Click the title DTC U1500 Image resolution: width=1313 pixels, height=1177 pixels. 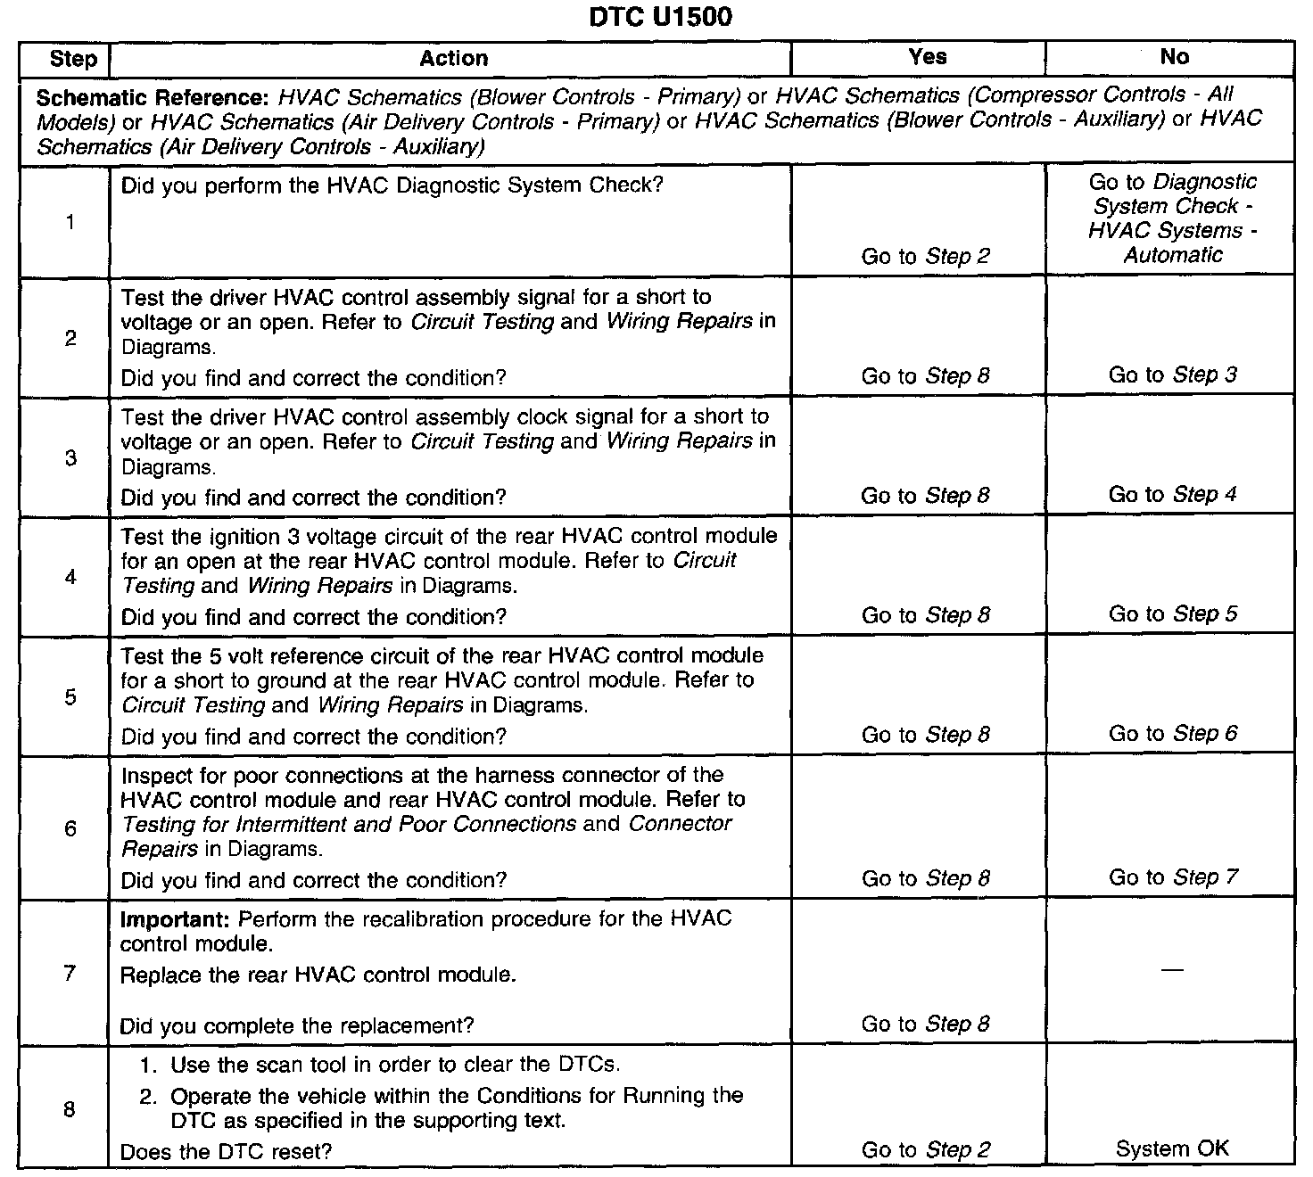pos(660,17)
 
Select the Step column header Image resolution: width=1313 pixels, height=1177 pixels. pos(73,59)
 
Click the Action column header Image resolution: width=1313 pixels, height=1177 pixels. pos(453,59)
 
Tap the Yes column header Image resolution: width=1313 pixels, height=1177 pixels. pos(927,57)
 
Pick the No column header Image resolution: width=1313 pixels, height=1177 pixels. pos(1174,57)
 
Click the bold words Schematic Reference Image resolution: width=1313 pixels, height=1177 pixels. pos(153,97)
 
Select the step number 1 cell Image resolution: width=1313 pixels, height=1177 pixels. pos(70,222)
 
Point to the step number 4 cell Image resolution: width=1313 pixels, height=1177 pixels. pos(70,577)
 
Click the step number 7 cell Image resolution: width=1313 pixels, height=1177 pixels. pos(70,973)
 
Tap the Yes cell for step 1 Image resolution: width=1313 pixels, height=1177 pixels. pos(925,257)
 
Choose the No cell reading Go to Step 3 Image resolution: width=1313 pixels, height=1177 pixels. pos(1172,374)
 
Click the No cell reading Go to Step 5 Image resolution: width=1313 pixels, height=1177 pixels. pos(1172,613)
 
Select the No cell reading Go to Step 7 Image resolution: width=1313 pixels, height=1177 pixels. pos(1172,877)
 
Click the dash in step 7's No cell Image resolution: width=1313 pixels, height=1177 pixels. pos(1173,969)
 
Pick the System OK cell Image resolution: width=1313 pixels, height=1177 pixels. pos(1172,1148)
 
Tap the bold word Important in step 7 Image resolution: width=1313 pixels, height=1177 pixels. pos(176,919)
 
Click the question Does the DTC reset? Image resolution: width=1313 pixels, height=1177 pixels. pos(226,1151)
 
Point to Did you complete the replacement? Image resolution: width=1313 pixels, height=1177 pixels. pos(297,1025)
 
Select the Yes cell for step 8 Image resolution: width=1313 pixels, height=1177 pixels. pos(925,1150)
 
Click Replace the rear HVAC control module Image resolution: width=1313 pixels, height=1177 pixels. pos(318,975)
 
